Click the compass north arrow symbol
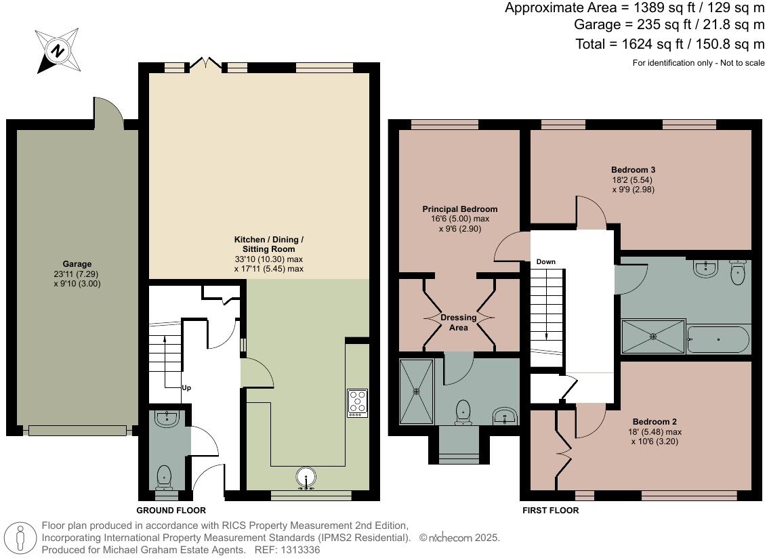coord(58,51)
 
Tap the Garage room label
coord(77,264)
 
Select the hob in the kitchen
coord(358,403)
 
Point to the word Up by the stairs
coord(186,388)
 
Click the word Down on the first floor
coord(546,261)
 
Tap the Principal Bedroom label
coord(460,209)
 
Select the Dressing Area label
coord(458,322)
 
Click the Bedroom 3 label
coord(633,170)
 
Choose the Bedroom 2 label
coord(655,422)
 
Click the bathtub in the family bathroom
coord(718,339)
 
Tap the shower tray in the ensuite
coord(417,391)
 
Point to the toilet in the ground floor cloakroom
coord(164,477)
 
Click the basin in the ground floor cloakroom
coord(167,418)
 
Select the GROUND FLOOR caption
coord(171,511)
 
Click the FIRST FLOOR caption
coord(550,511)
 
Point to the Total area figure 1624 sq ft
coord(652,44)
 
